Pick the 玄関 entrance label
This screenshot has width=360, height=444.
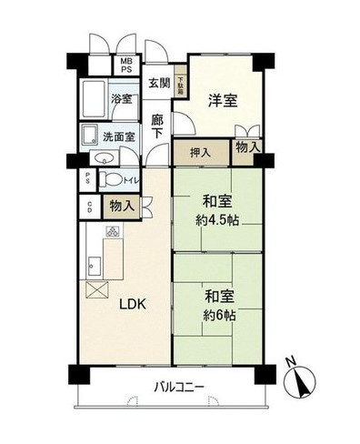coord(159,84)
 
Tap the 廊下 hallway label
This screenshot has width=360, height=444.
coord(157,125)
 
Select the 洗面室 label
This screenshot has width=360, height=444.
coord(118,136)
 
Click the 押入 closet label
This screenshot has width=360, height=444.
coord(200,153)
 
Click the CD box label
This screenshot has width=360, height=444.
coord(88,206)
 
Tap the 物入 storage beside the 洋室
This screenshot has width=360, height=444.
coord(246,146)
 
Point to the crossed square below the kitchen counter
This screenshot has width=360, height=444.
coord(95,290)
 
